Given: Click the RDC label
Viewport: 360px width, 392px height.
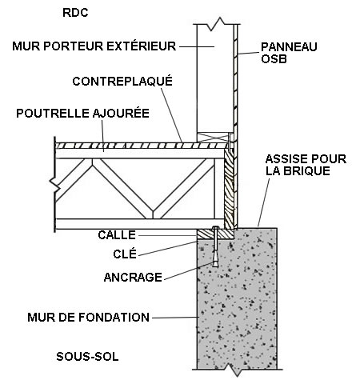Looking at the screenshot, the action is [75, 13].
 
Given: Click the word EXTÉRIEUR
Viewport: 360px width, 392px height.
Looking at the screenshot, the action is [142, 46].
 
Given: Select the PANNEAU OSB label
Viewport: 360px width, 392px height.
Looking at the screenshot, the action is [289, 53].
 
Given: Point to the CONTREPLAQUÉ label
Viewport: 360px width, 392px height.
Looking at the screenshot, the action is [122, 82].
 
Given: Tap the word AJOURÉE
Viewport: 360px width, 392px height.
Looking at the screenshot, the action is [121, 114].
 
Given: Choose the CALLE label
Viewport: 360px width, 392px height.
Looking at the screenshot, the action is [117, 235].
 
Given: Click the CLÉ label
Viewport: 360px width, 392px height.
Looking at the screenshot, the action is [125, 254].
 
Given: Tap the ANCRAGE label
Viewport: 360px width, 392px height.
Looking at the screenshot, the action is [133, 278].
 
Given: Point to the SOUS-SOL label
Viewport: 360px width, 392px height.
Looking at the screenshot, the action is [87, 357].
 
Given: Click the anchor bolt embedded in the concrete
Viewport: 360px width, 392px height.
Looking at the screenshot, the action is [215, 246].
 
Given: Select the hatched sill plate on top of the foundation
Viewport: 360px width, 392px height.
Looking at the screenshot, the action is [215, 234].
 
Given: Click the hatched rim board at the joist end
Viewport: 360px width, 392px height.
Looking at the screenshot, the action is [229, 189].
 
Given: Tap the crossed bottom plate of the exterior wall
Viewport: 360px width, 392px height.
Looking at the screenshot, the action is [215, 137].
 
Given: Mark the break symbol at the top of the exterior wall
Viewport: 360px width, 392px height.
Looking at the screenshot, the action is [219, 23].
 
